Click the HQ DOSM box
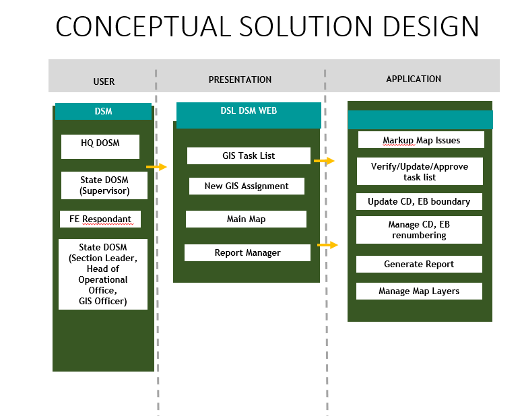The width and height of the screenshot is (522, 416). (100, 146)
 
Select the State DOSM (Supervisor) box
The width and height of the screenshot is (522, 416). (104, 185)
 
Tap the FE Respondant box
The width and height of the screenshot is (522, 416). (100, 219)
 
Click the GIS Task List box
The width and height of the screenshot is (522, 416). (249, 155)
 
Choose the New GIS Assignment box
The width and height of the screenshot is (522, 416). (247, 186)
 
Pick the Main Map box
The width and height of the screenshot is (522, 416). (246, 219)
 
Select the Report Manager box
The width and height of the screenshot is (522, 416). (247, 252)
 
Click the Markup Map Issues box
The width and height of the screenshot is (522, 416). (421, 140)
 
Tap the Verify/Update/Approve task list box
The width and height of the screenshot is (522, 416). (419, 172)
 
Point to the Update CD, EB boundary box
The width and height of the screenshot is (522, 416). (419, 201)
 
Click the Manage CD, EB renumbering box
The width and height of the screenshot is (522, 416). (419, 230)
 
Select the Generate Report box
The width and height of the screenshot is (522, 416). (419, 264)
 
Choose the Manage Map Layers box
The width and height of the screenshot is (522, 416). (419, 291)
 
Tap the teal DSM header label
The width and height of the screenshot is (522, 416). (103, 111)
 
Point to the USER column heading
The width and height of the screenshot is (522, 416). (104, 81)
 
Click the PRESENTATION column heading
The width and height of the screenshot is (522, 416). (240, 79)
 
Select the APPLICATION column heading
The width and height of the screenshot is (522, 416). (414, 79)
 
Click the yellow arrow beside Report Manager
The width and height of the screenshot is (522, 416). (327, 245)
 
